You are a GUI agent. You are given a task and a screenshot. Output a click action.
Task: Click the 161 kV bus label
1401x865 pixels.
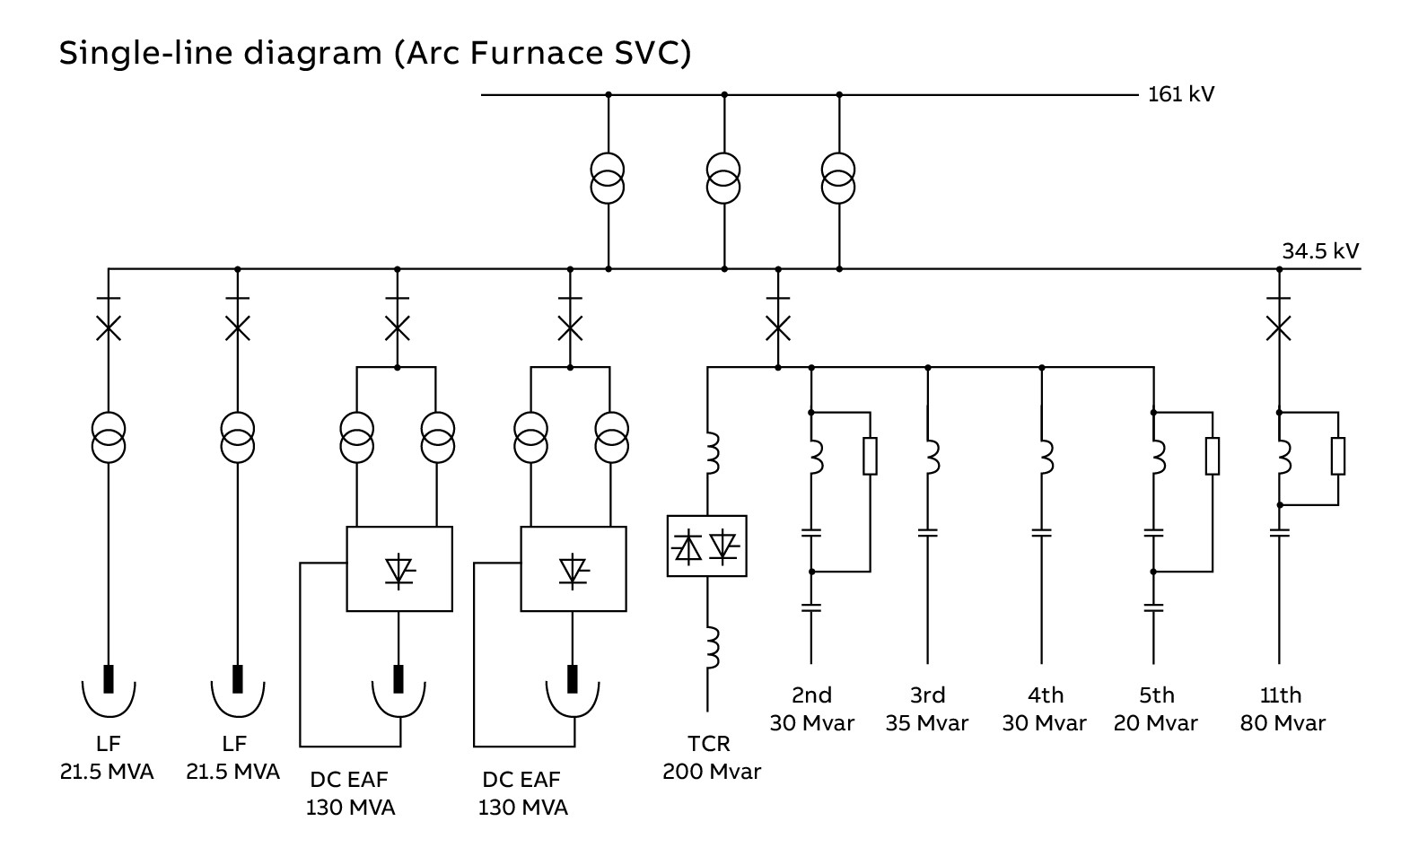[1180, 94]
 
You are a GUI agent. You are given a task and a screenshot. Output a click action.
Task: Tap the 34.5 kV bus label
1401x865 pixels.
[1319, 251]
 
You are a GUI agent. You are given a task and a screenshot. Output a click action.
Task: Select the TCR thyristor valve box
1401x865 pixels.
[707, 546]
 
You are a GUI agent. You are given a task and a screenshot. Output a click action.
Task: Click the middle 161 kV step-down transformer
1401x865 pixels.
[723, 179]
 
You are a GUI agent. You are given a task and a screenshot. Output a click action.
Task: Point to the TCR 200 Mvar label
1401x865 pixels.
[712, 757]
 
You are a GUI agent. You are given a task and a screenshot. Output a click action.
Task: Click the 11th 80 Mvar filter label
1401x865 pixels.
[1282, 709]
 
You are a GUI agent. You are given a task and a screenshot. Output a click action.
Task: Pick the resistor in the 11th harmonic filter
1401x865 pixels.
[1337, 456]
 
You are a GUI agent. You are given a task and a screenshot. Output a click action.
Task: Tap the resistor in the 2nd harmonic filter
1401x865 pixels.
[870, 456]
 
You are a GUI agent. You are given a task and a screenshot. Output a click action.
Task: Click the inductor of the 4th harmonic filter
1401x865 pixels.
[1044, 456]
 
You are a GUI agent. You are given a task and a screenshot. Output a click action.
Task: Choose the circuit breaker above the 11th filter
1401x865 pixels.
[1278, 328]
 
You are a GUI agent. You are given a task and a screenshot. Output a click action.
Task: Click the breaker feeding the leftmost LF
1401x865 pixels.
[109, 328]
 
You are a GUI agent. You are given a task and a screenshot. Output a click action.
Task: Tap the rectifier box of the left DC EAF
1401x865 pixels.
[399, 569]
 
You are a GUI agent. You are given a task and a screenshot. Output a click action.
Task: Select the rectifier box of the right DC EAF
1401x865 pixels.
[574, 569]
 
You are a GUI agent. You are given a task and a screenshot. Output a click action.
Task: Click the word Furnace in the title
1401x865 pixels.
[522, 53]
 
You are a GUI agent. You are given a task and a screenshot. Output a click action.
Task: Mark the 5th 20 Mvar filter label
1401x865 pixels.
[1156, 709]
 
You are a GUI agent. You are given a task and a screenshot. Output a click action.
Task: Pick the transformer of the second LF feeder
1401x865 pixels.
[238, 437]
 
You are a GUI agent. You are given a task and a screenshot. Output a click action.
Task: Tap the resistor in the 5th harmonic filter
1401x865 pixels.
[1213, 456]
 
